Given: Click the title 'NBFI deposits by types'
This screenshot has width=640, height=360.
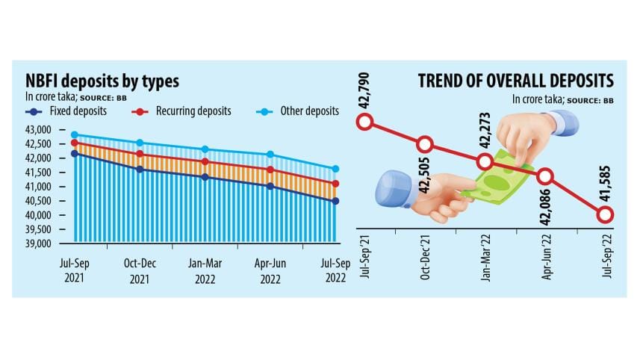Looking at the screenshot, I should tap(102, 81).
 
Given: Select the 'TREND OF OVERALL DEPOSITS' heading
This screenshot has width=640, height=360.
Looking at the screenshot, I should tap(516, 81).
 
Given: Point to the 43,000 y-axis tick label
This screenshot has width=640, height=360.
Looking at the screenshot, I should tap(36, 130).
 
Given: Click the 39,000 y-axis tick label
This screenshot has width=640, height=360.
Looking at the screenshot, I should tap(36, 244).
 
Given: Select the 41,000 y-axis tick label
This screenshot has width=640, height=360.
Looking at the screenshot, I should tap(36, 187).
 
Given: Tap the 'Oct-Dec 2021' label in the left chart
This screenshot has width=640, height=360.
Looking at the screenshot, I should tap(138, 274).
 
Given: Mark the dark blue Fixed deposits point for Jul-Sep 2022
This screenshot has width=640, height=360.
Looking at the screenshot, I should tap(336, 201).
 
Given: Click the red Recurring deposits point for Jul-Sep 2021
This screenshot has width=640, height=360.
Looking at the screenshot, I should tap(74, 143).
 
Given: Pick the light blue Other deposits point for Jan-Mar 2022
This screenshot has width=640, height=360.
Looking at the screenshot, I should tap(205, 149).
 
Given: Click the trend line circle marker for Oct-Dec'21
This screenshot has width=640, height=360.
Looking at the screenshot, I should tap(425, 144).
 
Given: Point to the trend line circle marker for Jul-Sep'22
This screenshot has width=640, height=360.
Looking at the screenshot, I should tap(605, 215).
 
